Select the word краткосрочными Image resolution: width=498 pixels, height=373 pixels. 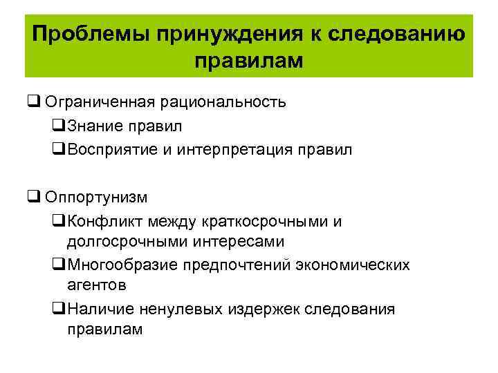click(x=266, y=221)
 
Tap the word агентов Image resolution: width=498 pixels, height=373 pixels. click(x=96, y=285)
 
